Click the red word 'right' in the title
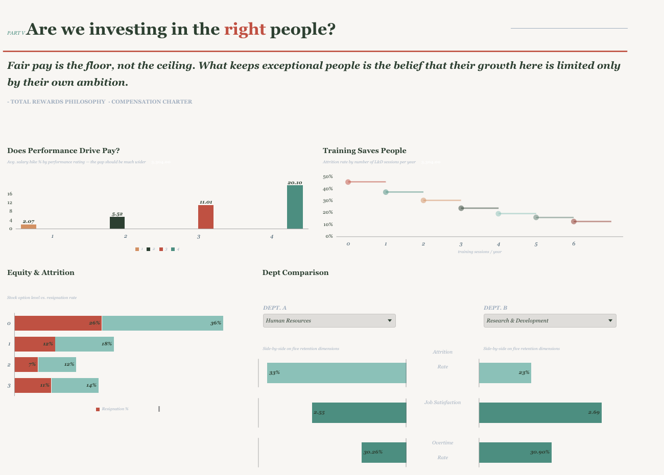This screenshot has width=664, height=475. [x=245, y=30]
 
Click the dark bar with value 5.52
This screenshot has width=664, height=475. [x=117, y=223]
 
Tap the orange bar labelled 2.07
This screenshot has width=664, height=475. [x=29, y=227]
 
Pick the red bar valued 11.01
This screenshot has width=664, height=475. [x=206, y=217]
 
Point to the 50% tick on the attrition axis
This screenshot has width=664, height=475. [x=328, y=177]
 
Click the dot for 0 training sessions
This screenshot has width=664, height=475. [x=348, y=182]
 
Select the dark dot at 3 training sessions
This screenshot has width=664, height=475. [x=461, y=208]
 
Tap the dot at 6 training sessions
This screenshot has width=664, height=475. [x=574, y=221]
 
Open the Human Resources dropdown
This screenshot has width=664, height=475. [x=329, y=320]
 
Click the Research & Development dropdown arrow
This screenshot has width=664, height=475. [x=610, y=320]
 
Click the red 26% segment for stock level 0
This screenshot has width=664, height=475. [x=58, y=323]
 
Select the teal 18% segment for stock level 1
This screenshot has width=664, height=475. [x=84, y=344]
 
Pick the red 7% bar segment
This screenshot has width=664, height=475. [x=26, y=364]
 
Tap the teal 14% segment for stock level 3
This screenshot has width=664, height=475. [x=75, y=385]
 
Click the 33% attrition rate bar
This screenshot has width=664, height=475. [x=337, y=373]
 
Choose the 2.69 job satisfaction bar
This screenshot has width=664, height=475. [x=540, y=413]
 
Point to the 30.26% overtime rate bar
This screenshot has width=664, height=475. [x=384, y=453]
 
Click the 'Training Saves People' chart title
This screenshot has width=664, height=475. [x=365, y=151]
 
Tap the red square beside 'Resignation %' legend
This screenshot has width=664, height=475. [x=98, y=409]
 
